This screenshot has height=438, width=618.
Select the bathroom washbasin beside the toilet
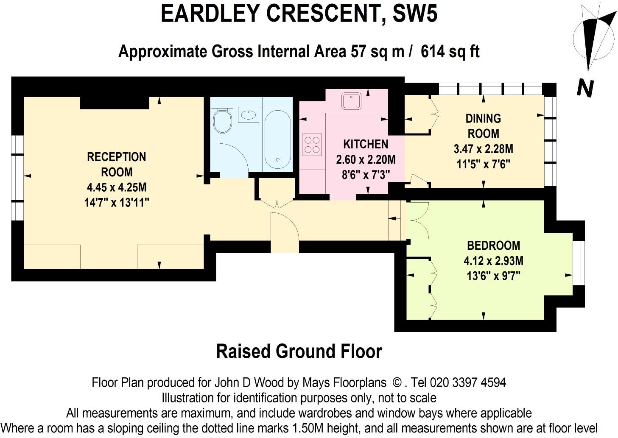pyautogui.click(x=248, y=114)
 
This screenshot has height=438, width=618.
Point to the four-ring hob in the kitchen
pyautogui.click(x=312, y=144)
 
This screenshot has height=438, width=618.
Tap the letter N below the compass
pyautogui.click(x=585, y=89)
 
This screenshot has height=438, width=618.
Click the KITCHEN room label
pyautogui.click(x=366, y=144)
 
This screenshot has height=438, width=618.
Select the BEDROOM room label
pyautogui.click(x=493, y=246)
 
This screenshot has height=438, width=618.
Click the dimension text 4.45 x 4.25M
pyautogui.click(x=117, y=187)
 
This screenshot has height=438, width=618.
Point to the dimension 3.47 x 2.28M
pyautogui.click(x=483, y=149)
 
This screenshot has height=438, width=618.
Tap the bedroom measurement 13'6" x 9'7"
pyautogui.click(x=493, y=276)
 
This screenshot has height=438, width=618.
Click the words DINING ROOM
pyautogui.click(x=483, y=126)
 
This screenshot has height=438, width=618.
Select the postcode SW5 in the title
pyautogui.click(x=415, y=14)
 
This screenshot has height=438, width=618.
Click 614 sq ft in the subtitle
pyautogui.click(x=450, y=52)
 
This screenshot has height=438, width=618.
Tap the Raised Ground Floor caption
pyautogui.click(x=299, y=352)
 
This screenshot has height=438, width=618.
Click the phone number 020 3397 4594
pyautogui.click(x=468, y=382)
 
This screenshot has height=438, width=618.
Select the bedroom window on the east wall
pyautogui.click(x=578, y=263)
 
